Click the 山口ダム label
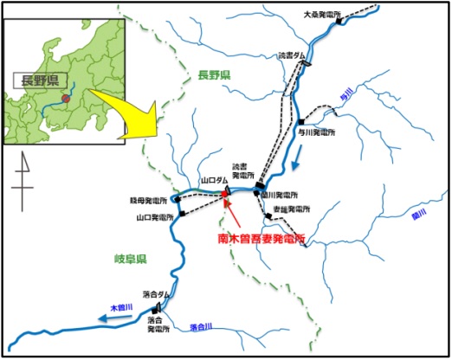click(213, 181)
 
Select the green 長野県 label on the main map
click(211, 74)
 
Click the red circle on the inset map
click(66, 87)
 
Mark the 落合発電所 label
click(157, 325)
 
